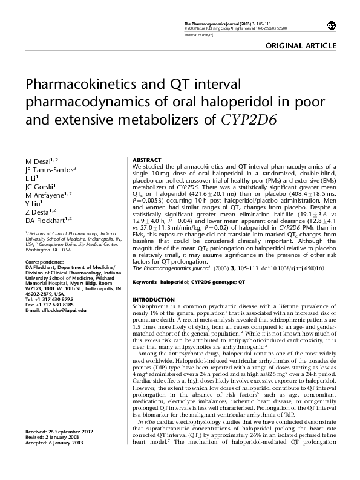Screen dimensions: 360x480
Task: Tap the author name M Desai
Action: [38, 162]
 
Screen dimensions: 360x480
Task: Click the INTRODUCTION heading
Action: [153, 300]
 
